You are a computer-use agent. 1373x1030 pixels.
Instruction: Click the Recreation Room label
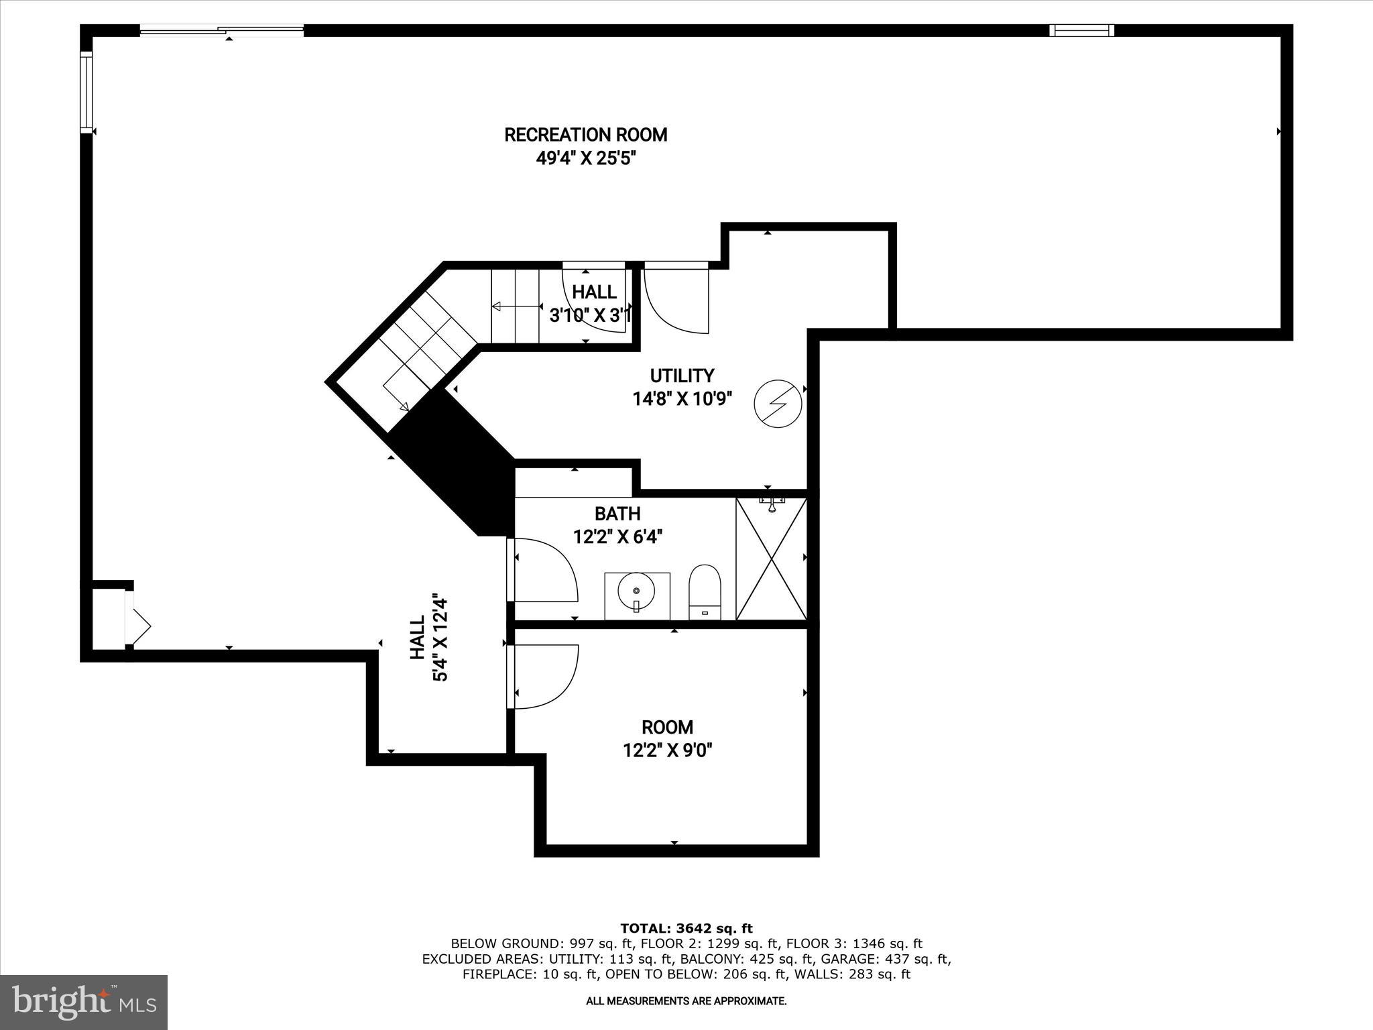(585, 135)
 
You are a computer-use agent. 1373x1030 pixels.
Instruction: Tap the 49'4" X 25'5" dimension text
(585, 159)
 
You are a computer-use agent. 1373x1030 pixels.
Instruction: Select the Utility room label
(682, 376)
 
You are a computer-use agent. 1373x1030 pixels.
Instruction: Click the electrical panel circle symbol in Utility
(778, 404)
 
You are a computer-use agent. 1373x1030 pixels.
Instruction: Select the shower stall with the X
(771, 559)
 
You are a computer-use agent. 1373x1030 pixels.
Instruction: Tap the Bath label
(617, 514)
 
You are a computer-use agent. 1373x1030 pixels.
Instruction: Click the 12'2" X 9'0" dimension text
(667, 750)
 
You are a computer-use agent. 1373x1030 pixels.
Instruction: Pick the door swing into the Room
(543, 676)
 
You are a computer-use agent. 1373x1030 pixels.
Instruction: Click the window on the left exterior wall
(86, 93)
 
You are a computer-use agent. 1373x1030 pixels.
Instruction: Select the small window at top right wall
(1081, 30)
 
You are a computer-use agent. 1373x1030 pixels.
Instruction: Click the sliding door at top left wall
(221, 30)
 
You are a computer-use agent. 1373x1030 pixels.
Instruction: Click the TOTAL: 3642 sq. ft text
(686, 929)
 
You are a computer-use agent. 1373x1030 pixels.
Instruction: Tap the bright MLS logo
(84, 1002)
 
